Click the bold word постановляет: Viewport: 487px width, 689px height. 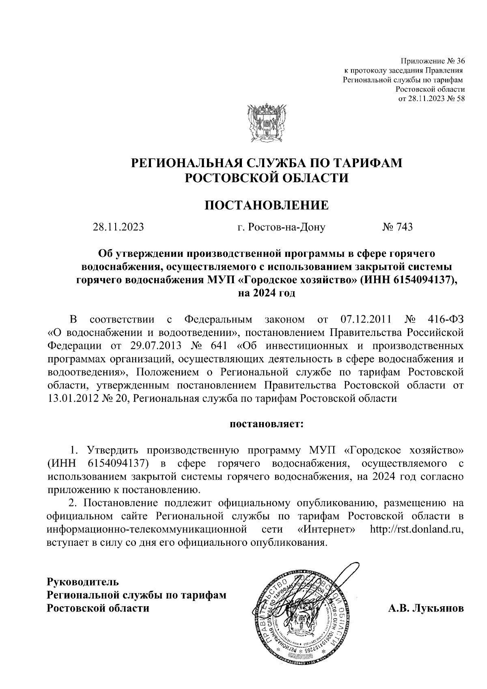(266, 425)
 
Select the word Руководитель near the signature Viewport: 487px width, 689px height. (83, 582)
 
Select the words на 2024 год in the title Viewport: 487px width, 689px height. (266, 293)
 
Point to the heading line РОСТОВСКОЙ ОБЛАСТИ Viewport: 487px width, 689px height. (266, 178)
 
